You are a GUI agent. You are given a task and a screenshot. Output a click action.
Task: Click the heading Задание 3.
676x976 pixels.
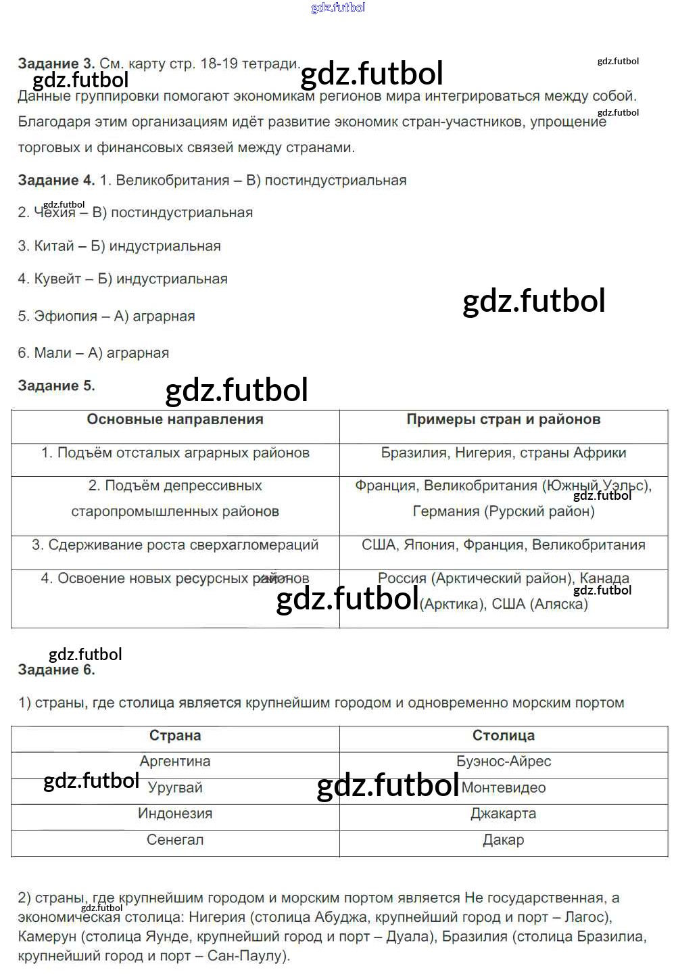click(x=56, y=64)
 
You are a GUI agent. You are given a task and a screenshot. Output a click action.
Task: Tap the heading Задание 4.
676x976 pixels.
click(x=56, y=181)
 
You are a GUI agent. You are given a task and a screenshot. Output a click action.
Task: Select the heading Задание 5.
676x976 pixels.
click(x=56, y=386)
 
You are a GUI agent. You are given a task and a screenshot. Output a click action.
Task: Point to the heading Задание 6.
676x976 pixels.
click(x=56, y=670)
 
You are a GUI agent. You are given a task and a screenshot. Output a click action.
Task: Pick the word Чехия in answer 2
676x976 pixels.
click(x=55, y=212)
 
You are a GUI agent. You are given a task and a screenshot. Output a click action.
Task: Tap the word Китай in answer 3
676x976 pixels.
click(x=54, y=246)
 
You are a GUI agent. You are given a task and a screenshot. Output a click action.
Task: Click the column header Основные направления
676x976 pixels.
click(x=175, y=419)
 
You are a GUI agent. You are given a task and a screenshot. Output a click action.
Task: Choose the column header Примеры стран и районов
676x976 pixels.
click(x=503, y=419)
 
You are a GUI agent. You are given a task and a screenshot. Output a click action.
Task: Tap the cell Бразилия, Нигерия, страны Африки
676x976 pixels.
click(x=503, y=452)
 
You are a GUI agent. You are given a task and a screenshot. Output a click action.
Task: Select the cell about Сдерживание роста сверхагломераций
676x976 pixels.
click(x=175, y=545)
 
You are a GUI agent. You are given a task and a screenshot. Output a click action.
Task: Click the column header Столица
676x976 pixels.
click(x=503, y=735)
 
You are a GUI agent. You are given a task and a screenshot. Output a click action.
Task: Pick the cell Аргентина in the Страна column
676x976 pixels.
click(x=175, y=762)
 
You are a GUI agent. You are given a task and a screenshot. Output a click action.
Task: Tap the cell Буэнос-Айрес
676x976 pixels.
click(x=503, y=762)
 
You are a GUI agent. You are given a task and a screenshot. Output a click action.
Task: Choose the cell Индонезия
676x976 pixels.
click(x=175, y=814)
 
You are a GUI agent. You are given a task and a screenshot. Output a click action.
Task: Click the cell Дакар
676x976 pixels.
click(x=503, y=840)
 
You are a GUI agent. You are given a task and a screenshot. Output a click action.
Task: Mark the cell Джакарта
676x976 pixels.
click(x=503, y=814)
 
